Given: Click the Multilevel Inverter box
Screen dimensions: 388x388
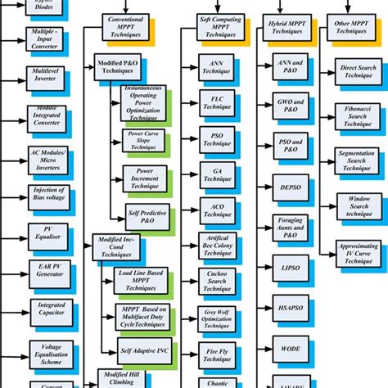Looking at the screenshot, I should click(x=47, y=80).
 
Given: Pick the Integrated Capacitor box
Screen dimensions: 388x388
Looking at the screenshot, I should click(x=47, y=310).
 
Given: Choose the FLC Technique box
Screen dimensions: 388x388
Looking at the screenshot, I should click(x=217, y=102).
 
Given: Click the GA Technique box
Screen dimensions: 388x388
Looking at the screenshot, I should click(x=217, y=174).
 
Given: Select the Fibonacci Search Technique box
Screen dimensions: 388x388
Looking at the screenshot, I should click(x=358, y=115).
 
